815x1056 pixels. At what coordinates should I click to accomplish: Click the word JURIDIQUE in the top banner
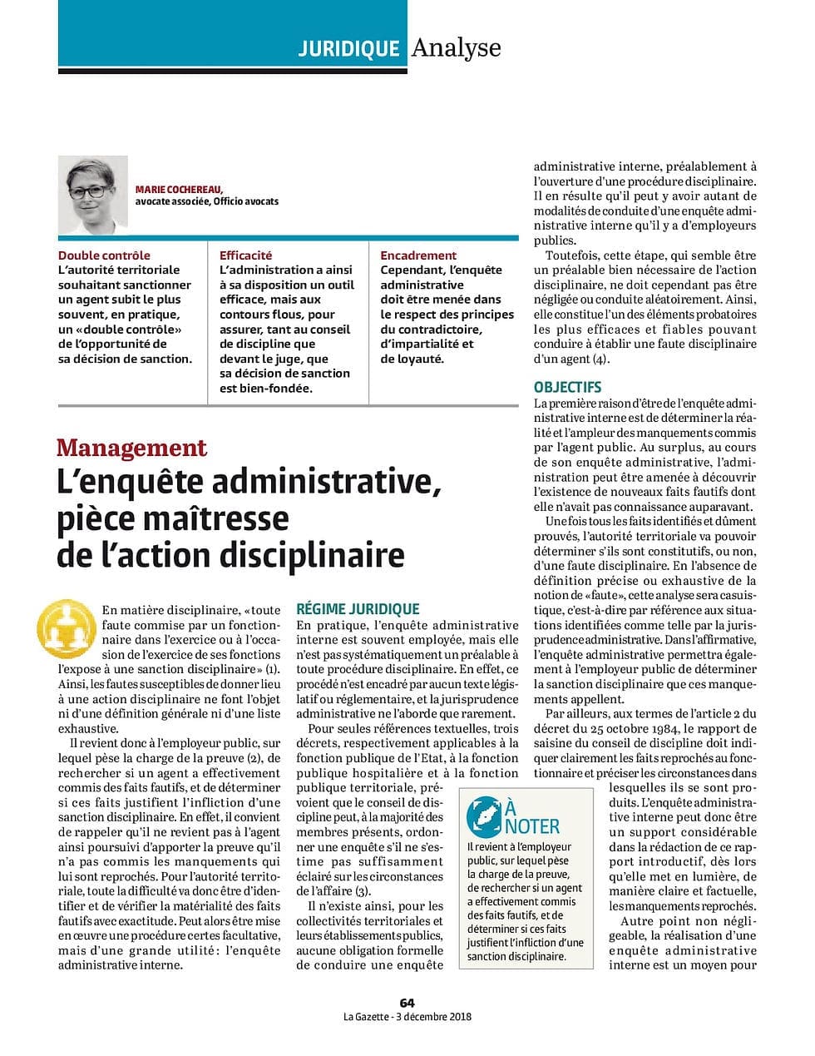(x=348, y=49)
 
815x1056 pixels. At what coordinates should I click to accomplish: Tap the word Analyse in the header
(x=456, y=47)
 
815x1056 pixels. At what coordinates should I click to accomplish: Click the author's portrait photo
(x=93, y=194)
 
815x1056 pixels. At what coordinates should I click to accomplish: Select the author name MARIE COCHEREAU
(x=179, y=189)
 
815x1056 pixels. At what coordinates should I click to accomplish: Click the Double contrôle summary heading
(x=104, y=255)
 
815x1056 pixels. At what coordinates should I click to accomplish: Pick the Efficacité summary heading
(x=245, y=255)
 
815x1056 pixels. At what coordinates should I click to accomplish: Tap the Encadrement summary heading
(x=418, y=255)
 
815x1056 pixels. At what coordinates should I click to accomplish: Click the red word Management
(x=131, y=448)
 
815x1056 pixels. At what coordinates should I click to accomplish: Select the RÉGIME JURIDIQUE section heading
(x=358, y=609)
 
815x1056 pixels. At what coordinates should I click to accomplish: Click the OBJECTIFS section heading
(x=567, y=387)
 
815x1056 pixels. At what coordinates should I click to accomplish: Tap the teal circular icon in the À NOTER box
(x=484, y=816)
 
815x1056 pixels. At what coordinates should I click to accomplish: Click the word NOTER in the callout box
(x=532, y=826)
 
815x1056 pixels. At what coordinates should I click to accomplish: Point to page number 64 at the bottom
(x=407, y=1003)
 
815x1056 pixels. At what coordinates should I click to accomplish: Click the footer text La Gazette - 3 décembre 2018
(x=407, y=1016)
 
